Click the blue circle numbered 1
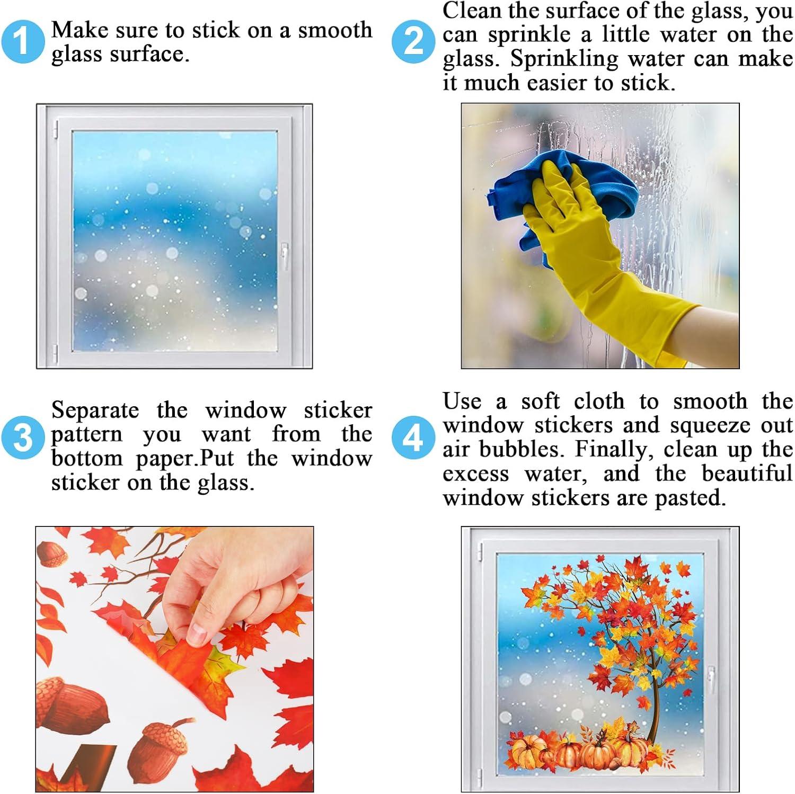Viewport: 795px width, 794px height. click(x=23, y=42)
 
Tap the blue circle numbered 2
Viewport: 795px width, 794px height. click(x=413, y=42)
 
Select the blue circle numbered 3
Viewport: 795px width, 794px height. click(x=23, y=438)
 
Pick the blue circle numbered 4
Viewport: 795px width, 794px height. click(x=413, y=438)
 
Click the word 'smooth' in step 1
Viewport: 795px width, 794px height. click(x=335, y=30)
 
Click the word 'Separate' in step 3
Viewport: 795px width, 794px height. click(x=95, y=411)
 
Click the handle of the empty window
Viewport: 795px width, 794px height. click(x=285, y=256)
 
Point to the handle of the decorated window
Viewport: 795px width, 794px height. click(x=710, y=680)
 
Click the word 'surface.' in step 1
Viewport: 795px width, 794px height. click(x=149, y=55)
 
